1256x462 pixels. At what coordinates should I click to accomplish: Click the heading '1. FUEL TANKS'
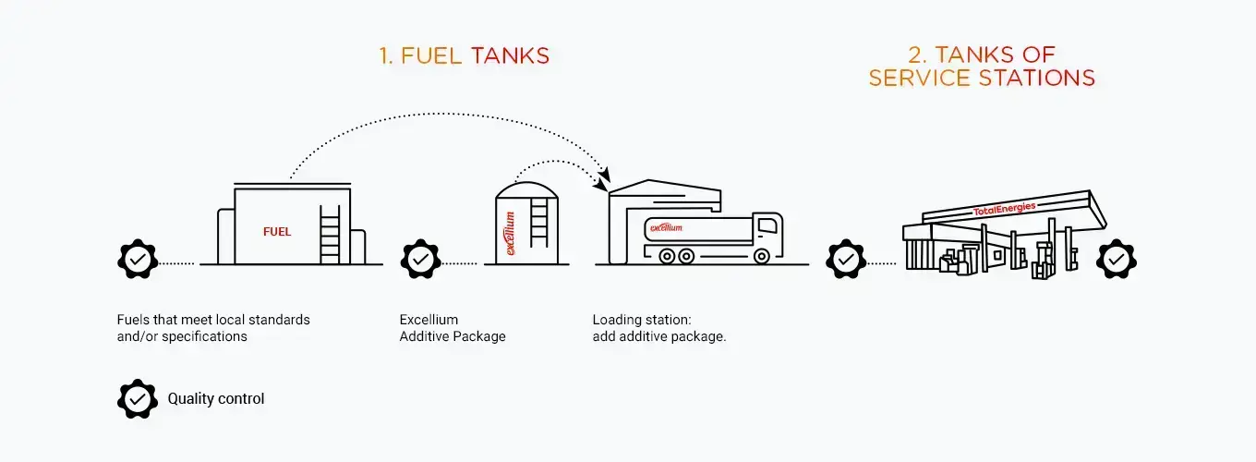pos(464,55)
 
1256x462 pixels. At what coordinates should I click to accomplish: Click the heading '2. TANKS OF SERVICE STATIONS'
pos(982,66)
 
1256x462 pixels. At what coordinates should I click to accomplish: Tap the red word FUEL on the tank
pos(277,231)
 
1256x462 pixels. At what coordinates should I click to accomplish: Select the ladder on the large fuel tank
pos(330,234)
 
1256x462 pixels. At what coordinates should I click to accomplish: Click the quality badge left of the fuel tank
pos(138,260)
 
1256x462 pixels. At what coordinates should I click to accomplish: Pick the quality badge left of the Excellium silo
pos(420,260)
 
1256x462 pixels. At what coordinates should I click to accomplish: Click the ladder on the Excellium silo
pos(538,222)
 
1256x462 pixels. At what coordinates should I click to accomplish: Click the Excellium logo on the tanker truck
pos(666,226)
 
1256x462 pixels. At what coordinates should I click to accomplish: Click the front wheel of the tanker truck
pos(761,256)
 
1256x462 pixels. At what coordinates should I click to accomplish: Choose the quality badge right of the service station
pos(1116,260)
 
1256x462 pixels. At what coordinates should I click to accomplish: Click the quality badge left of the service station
pos(845,260)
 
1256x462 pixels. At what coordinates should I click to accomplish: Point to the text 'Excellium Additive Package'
pos(453,328)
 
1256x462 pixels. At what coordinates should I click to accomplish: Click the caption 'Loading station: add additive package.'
pos(659,328)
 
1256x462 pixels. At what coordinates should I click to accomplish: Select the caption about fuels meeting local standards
pos(213,328)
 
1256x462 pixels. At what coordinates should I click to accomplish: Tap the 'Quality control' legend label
pos(216,399)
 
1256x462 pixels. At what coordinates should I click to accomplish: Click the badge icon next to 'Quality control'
pos(138,399)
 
